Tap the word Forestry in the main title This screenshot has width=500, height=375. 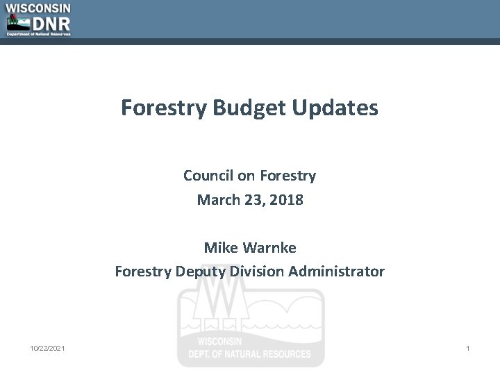[163, 108]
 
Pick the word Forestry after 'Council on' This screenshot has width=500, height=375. [288, 176]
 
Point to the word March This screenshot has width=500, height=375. [218, 200]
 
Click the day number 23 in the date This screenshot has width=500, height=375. [253, 200]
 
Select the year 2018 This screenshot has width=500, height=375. [287, 200]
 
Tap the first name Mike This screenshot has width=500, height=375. [221, 247]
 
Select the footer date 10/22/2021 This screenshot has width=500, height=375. [48, 348]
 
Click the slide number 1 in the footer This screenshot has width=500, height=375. [467, 348]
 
